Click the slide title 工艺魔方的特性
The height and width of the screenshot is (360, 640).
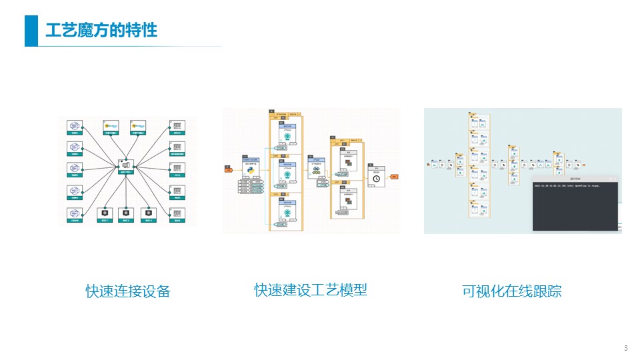[101, 31]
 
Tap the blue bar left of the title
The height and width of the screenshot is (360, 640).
[31, 31]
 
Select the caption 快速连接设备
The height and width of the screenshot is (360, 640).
[128, 291]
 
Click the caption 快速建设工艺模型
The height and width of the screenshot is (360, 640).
[311, 290]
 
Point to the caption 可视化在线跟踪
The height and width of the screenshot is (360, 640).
[512, 291]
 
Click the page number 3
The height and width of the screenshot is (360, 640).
[625, 349]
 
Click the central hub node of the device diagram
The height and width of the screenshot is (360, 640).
[125, 165]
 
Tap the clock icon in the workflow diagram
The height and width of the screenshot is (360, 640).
[376, 178]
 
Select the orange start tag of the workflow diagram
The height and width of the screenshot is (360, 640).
[228, 170]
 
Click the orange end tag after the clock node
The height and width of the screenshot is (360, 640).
[393, 177]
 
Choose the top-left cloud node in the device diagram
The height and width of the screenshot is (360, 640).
[75, 126]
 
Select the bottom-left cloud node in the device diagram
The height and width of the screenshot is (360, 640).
[75, 214]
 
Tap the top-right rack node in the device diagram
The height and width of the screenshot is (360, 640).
[177, 126]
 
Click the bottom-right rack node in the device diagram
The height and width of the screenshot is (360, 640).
[177, 214]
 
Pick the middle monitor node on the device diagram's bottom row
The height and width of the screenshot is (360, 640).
[125, 214]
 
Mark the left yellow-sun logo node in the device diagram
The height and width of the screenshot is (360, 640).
[111, 126]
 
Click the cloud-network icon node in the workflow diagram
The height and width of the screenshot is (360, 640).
[314, 170]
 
